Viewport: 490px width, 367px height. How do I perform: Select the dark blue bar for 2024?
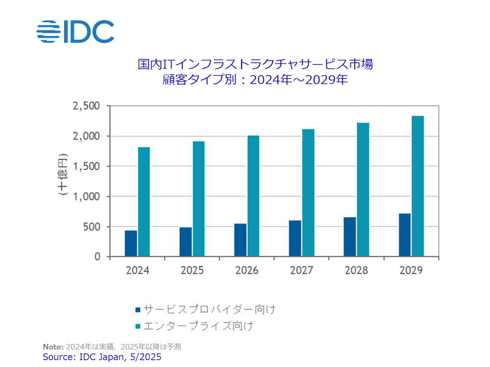(131, 243)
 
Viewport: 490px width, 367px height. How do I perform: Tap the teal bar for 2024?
(144, 202)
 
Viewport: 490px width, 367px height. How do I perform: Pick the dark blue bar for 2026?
(240, 240)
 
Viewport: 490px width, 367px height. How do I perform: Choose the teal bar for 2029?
(417, 186)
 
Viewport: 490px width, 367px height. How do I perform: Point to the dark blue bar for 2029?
(405, 235)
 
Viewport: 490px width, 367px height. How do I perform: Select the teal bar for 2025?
(198, 199)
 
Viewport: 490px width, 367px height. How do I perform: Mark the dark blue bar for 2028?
(350, 237)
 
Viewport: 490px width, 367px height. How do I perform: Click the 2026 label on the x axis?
(246, 271)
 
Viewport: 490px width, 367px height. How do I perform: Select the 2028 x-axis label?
(356, 271)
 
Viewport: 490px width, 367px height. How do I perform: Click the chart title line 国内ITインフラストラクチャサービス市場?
(255, 64)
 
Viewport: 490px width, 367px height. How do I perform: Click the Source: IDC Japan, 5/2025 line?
(102, 357)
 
